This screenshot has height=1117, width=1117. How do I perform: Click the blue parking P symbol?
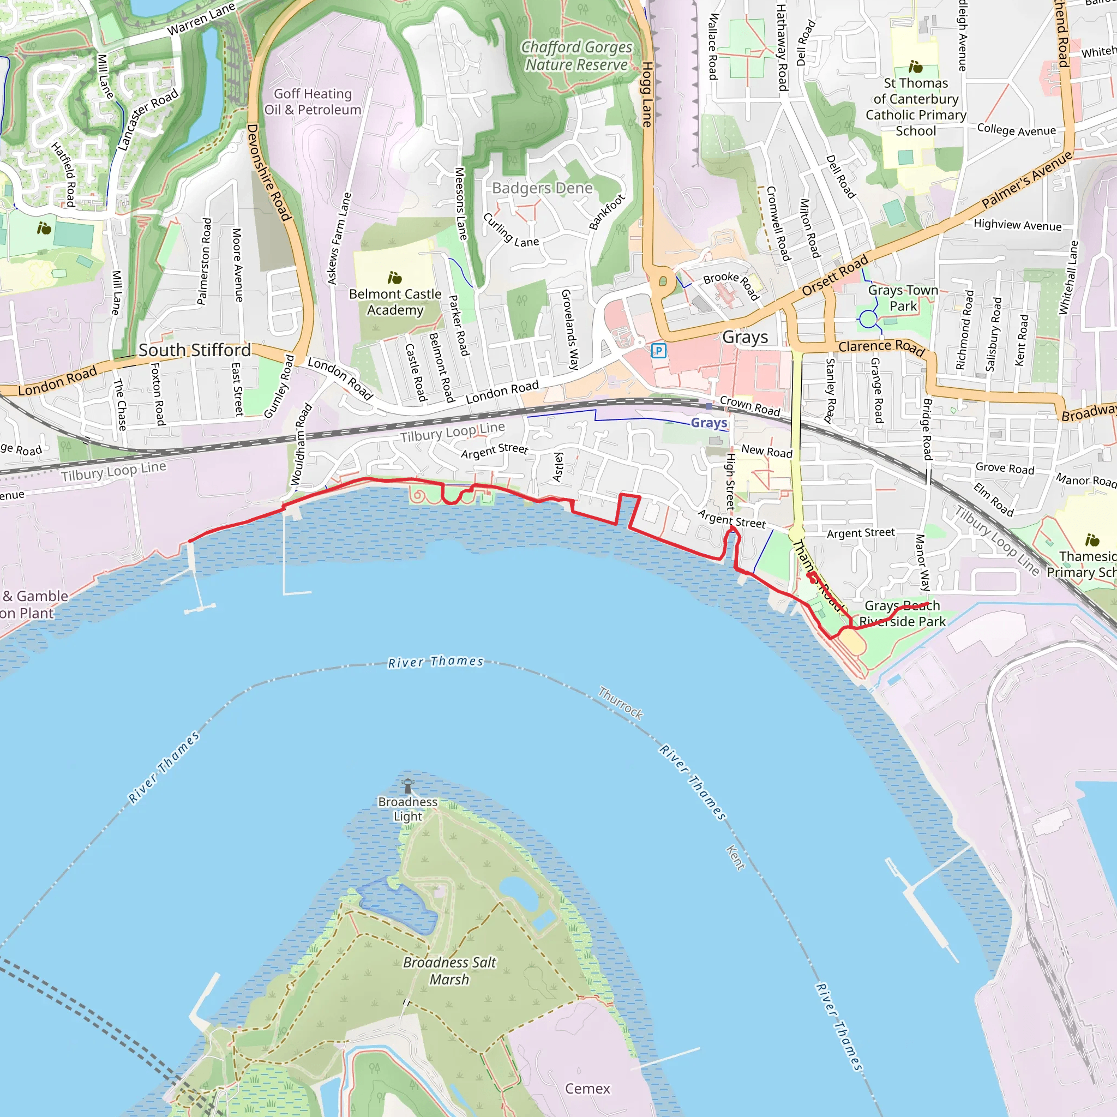pos(658,350)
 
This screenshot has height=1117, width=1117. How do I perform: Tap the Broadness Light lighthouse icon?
pos(408,786)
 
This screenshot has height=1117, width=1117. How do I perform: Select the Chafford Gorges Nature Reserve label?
pos(576,56)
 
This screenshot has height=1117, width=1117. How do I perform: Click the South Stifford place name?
pos(194,350)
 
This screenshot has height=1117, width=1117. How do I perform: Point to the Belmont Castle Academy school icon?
pos(395,278)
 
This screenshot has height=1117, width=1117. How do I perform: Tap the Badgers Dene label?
pos(542,188)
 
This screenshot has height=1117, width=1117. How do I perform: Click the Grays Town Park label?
pos(903,298)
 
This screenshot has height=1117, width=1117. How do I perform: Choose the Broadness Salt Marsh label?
pos(449,971)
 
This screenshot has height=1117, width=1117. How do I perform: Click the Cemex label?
pos(587,1089)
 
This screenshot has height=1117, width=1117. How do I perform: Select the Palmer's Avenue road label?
pos(1027,180)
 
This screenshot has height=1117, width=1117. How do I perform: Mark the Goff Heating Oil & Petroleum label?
pos(313,102)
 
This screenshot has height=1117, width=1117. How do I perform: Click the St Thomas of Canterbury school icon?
pos(915,67)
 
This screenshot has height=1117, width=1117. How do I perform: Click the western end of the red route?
pos(190,541)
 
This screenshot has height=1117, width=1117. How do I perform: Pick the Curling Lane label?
pos(511,230)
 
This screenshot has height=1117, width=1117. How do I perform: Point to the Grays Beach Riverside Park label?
pos(902,614)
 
